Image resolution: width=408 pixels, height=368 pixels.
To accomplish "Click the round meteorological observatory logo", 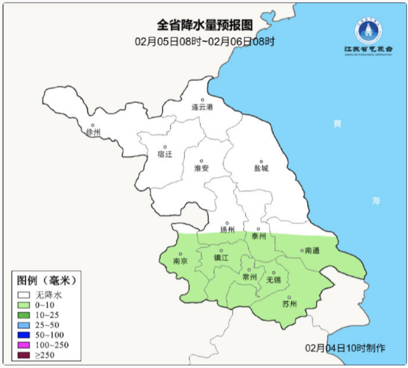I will coord(368,31).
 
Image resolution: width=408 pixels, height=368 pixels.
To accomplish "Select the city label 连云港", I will coord(202,107).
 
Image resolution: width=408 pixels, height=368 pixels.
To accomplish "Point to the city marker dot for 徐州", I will coord(93,125).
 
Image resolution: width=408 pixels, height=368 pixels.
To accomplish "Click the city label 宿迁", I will coord(165,154).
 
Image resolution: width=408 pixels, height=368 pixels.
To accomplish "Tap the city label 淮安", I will coord(201,168).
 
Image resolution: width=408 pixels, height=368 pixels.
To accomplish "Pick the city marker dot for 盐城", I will coord(261,161).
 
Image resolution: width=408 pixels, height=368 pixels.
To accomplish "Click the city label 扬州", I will coord(227,230).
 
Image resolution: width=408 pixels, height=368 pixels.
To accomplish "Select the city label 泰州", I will coord(258,236).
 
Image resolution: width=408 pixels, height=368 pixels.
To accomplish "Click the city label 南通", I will coord(312,250).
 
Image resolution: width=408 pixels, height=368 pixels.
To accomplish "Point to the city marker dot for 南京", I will coord(180,254).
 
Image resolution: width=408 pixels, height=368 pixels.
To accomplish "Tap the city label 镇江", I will coord(221,258).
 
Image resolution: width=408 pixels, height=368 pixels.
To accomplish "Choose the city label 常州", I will coord(249,277).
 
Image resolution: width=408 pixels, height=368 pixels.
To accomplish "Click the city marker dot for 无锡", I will coord(274,273).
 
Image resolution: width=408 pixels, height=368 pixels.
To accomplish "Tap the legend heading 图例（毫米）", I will coord(46,281).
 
